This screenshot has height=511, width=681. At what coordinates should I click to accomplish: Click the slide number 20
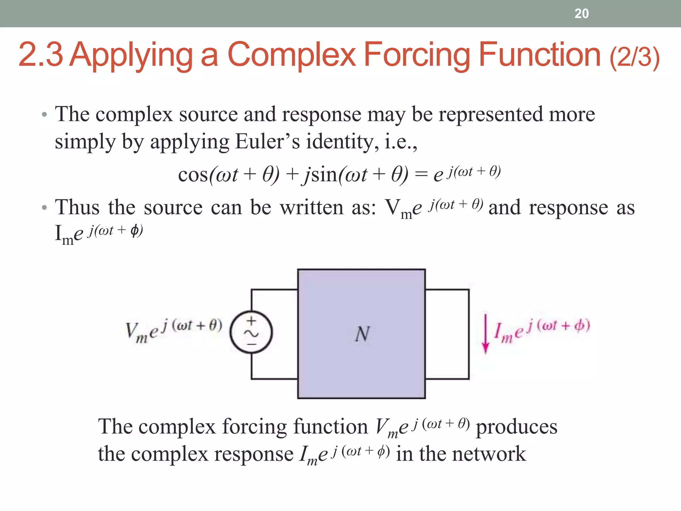581,14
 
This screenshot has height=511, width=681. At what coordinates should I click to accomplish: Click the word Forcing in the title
417,55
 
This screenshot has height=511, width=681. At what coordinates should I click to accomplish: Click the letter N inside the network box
362,334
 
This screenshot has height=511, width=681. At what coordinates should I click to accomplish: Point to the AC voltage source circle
251,332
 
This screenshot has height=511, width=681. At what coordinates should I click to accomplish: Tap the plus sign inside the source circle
251,321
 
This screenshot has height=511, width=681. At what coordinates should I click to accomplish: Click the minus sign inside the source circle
251,344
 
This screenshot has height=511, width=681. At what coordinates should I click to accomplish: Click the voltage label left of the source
173,331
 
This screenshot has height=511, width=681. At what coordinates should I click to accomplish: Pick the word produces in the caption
516,427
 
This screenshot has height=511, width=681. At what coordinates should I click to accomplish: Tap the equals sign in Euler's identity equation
421,175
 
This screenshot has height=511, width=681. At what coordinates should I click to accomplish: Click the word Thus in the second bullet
77,208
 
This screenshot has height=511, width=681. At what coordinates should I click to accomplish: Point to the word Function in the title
539,55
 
